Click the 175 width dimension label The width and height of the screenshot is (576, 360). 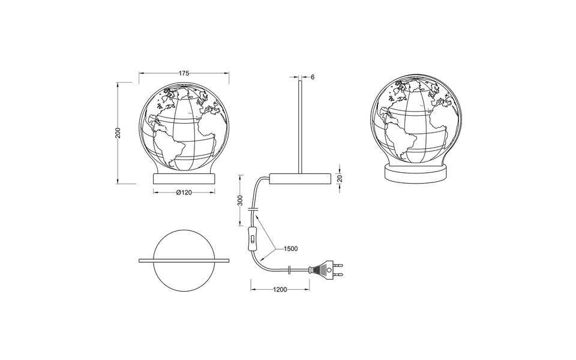tap(184, 73)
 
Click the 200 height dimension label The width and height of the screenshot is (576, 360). tap(119, 133)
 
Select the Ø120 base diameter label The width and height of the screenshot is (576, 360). tap(184, 193)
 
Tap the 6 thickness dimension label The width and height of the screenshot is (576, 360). tap(313, 77)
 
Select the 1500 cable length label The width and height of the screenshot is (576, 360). tap(290, 248)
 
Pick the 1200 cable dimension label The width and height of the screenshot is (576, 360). tap(280, 289)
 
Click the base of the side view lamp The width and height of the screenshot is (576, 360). tap(300, 178)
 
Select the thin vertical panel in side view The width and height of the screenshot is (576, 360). tap(299, 126)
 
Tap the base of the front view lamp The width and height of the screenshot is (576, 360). tap(184, 178)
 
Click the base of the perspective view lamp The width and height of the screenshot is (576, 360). tap(415, 173)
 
